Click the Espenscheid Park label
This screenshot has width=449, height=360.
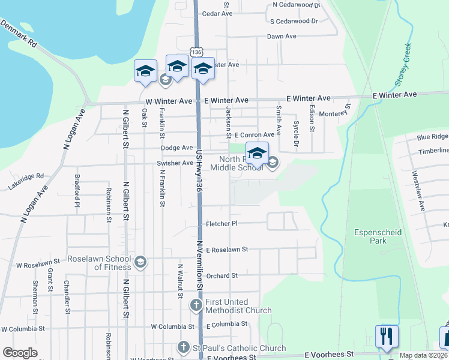pos(378,236)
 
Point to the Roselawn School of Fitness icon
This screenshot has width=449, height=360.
pos(140,262)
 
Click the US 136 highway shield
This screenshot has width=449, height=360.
pos(196,52)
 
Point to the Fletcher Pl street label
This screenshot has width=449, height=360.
pos(222,224)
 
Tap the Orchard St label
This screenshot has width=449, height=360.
pos(222,275)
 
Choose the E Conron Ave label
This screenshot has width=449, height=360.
pos(254,135)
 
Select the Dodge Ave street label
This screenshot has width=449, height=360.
pos(176,148)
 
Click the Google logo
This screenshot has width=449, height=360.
pos(20,353)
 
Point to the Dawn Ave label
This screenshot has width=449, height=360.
pos(282,37)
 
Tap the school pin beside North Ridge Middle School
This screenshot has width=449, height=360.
pos(257,154)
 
